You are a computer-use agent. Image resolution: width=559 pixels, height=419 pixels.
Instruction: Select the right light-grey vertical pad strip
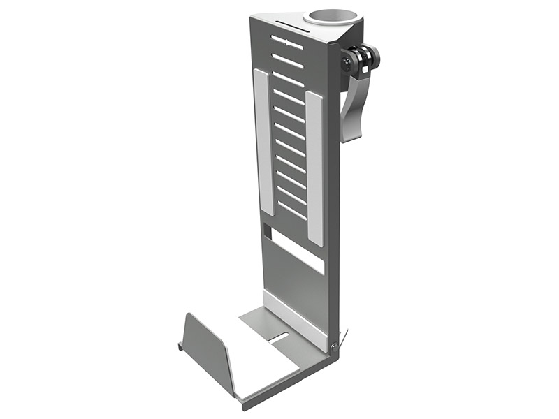pyautogui.click(x=315, y=168)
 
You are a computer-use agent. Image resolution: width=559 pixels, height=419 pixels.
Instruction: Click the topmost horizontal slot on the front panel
pyautogui.click(x=287, y=42)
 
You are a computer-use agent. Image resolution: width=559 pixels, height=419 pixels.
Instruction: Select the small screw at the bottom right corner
pyautogui.click(x=334, y=347)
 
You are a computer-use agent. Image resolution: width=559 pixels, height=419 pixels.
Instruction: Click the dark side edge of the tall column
pyautogui.click(x=333, y=209)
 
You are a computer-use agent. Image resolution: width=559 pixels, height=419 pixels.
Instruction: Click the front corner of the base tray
pyautogui.click(x=242, y=404)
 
